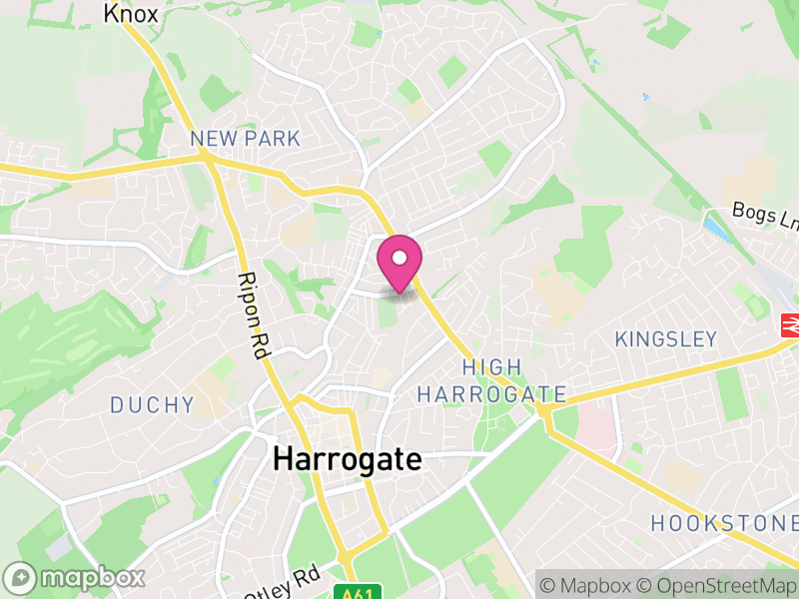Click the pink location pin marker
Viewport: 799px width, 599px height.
[x=399, y=266]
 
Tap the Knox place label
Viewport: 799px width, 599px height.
[x=131, y=13]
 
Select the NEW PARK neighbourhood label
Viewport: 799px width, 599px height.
[x=245, y=139]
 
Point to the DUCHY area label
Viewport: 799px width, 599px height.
[x=152, y=404]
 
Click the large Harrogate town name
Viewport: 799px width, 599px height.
[x=348, y=460]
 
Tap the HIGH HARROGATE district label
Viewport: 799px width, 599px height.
[x=491, y=381]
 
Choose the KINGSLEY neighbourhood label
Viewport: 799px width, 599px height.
[x=665, y=339]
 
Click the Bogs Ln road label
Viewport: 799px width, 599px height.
[x=764, y=215]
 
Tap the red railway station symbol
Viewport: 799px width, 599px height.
[x=790, y=325]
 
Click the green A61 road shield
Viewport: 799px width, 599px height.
[x=367, y=590]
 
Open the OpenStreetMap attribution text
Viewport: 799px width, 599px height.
[x=720, y=584]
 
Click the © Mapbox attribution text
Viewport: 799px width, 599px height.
[x=594, y=584]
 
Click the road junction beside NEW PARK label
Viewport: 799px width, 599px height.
[x=207, y=157]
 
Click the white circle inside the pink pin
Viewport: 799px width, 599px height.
[x=399, y=258]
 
